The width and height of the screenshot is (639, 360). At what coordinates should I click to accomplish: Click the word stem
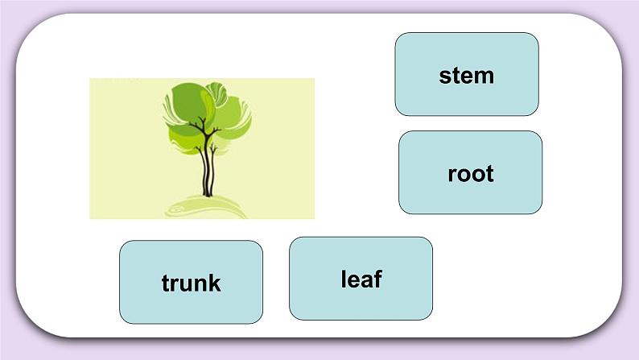(x=466, y=76)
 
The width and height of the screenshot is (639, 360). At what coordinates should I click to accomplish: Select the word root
(x=470, y=174)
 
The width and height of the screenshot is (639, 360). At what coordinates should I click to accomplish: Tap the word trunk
(x=191, y=283)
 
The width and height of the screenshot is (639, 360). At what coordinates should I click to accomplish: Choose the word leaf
(x=361, y=279)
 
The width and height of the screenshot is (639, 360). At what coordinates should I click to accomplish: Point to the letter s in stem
(x=444, y=77)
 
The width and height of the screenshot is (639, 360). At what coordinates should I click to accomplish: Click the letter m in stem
(x=484, y=77)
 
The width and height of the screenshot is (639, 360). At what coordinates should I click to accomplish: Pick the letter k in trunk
(x=215, y=283)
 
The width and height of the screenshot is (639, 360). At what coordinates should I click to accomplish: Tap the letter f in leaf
(x=377, y=279)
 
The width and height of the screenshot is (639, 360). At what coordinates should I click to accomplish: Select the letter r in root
(x=451, y=175)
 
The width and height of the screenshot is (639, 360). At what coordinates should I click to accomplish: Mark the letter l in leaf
(x=344, y=279)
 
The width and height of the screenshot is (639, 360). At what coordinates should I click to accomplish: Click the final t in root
(x=489, y=174)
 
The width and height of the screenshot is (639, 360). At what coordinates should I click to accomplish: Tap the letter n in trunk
(x=200, y=284)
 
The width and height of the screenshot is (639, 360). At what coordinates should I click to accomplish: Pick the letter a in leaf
(x=367, y=280)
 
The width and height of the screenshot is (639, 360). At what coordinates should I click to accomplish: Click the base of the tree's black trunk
(x=208, y=192)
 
